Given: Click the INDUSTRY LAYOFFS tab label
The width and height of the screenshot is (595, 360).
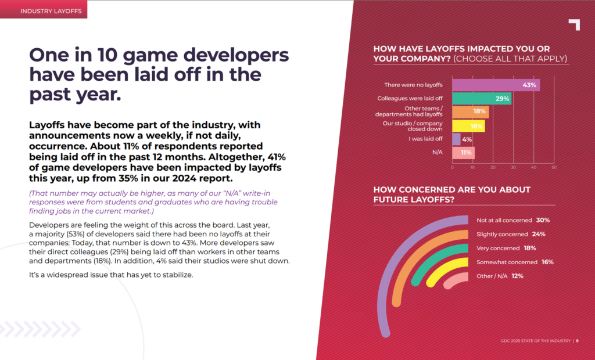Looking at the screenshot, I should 43,10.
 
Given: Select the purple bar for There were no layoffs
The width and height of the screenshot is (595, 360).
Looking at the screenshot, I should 488,85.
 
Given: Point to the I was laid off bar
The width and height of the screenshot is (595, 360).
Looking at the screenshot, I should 456,139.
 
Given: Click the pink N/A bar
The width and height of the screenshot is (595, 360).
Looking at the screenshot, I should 463,153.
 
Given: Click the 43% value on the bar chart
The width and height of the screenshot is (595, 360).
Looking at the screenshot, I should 529,85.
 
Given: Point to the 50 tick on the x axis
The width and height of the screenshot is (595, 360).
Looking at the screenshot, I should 554,167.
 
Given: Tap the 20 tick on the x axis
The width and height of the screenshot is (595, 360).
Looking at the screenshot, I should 493,167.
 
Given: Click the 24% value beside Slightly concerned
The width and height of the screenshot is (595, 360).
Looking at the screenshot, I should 537,235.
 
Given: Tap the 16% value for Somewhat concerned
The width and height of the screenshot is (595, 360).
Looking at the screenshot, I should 547,262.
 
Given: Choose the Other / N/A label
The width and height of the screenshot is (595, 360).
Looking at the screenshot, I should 493,276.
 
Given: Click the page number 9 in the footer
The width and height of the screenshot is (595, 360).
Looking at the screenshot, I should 577,341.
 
